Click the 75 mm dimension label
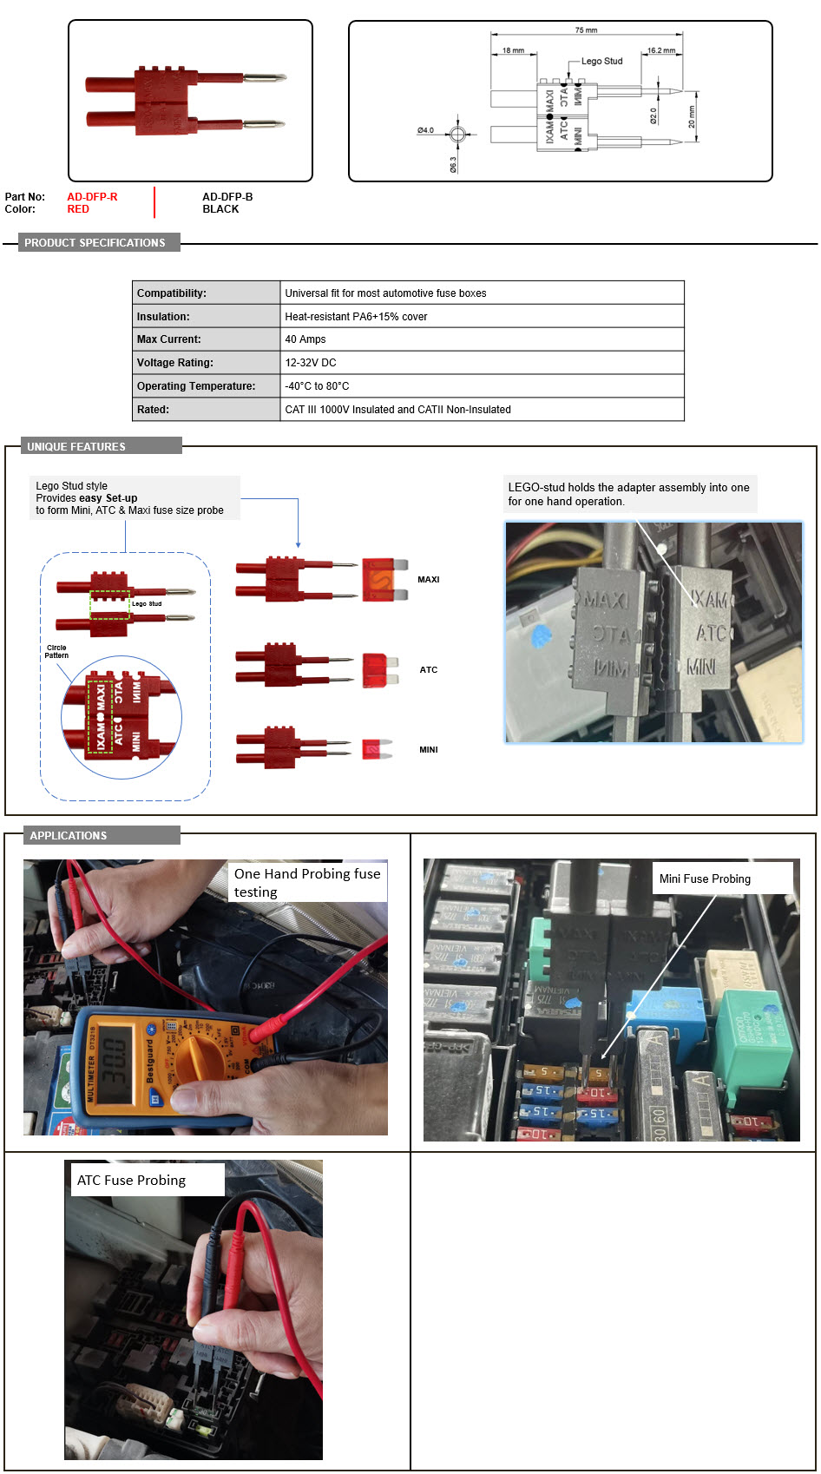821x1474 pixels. pos(586,30)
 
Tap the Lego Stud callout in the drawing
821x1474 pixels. pos(601,61)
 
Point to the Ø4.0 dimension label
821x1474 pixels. pos(425,130)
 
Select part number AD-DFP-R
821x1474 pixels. pos(92,197)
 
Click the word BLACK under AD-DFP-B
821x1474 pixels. pos(220,209)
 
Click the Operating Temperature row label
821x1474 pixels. pos(196,386)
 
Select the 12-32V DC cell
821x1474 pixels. pos(311,363)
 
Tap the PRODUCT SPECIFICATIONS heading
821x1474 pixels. pos(95,243)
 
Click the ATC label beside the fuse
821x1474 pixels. pos(429,670)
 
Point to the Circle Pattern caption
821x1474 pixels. pos(56,651)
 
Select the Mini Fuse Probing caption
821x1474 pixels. pos(705,878)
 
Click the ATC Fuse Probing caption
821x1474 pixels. pos(131,1180)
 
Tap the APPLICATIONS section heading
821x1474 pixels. pos(69,835)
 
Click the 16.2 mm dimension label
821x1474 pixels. pos(661,50)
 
